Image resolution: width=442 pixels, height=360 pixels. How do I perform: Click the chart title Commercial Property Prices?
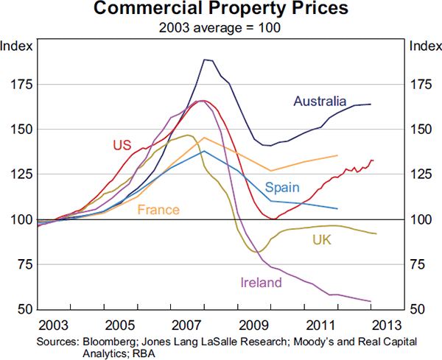pyautogui.click(x=221, y=11)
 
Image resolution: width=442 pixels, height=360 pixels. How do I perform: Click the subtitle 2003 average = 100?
pyautogui.click(x=221, y=29)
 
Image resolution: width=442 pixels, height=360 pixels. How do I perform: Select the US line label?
pyautogui.click(x=122, y=144)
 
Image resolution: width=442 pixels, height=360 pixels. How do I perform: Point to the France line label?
pyautogui.click(x=158, y=210)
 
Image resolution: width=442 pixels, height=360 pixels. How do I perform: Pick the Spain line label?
pyautogui.click(x=281, y=187)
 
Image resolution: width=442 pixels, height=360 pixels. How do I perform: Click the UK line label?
pyautogui.click(x=322, y=239)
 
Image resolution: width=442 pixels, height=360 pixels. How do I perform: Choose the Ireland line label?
pyautogui.click(x=261, y=282)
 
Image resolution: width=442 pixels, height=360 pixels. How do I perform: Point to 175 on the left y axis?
pyautogui.click(x=22, y=85)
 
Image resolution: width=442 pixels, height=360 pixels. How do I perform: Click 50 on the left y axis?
pyautogui.click(x=25, y=310)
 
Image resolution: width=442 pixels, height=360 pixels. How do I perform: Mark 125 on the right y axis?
pyautogui.click(x=421, y=174)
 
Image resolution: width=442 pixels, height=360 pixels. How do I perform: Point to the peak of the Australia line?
pyautogui.click(x=206, y=60)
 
